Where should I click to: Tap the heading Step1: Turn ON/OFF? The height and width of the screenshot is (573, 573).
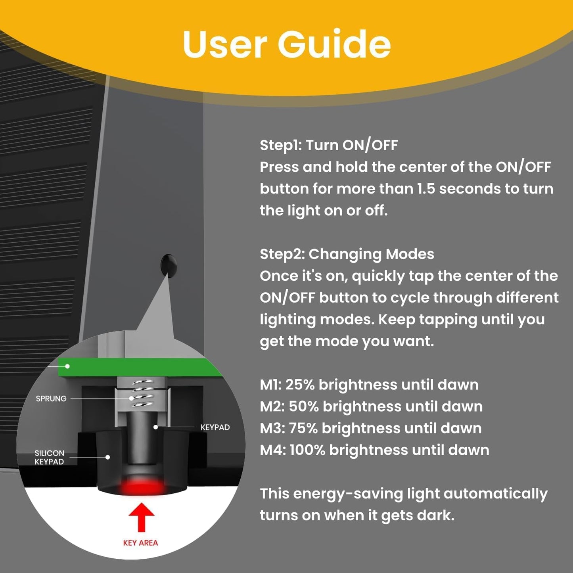click(x=329, y=145)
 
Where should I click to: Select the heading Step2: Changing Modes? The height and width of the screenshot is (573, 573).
click(x=347, y=254)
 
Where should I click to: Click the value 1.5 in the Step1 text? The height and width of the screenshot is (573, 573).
click(x=426, y=189)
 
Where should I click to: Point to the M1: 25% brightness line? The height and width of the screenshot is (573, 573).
click(x=369, y=385)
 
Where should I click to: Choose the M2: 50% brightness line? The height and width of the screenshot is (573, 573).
click(x=371, y=407)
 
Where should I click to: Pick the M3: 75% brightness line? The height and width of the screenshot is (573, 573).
click(x=371, y=429)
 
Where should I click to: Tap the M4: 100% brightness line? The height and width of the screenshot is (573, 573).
click(x=374, y=450)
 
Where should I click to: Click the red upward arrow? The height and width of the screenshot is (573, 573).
click(x=141, y=517)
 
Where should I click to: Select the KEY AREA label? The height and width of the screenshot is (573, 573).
click(x=140, y=543)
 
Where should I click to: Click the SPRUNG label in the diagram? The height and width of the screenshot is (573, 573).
click(x=51, y=399)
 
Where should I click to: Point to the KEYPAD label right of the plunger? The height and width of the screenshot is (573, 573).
click(x=215, y=427)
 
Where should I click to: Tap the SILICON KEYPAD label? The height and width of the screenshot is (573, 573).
click(x=49, y=457)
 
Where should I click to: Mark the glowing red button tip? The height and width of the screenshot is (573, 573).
click(x=142, y=486)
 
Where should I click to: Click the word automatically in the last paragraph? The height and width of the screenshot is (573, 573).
click(x=495, y=494)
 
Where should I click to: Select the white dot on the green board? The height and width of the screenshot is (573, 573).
click(x=67, y=366)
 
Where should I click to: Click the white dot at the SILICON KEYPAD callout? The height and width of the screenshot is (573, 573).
click(x=107, y=457)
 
